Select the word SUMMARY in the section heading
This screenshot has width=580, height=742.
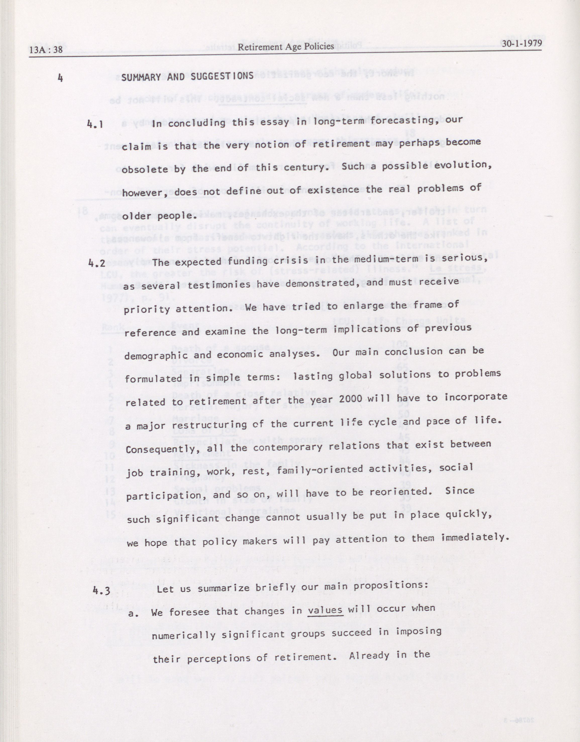[140, 77]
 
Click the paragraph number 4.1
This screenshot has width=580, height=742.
[95, 124]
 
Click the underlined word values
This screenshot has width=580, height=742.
[325, 610]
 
